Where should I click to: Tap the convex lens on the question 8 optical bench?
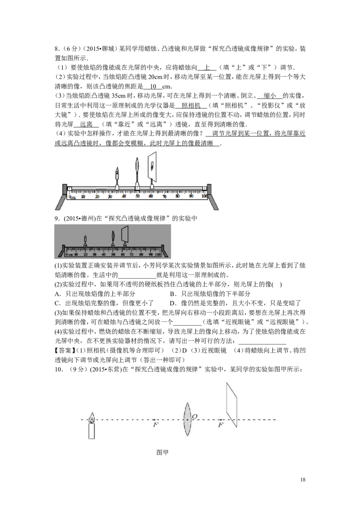click(x=137, y=165)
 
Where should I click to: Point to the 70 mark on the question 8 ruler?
click(x=164, y=196)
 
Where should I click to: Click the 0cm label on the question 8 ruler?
click(x=72, y=196)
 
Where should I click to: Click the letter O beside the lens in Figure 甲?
click(x=194, y=416)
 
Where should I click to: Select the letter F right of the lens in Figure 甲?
click(x=220, y=424)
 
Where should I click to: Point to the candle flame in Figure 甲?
click(x=92, y=418)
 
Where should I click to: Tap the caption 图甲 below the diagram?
click(x=162, y=452)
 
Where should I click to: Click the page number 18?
click(x=303, y=480)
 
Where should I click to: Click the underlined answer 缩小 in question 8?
click(x=270, y=96)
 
